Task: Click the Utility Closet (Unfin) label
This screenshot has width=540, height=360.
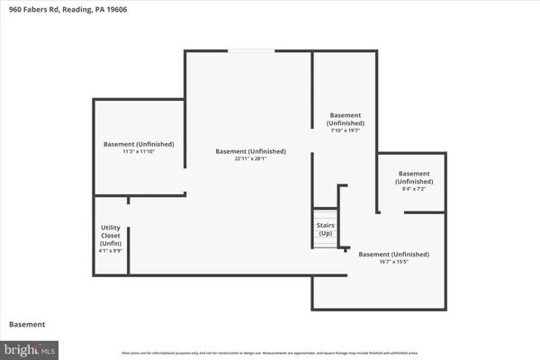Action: [x=110, y=240]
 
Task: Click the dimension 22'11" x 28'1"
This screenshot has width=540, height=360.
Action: [x=250, y=159]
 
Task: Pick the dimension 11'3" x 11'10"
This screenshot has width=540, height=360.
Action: [x=139, y=152]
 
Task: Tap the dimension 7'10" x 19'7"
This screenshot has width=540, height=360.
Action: [x=346, y=131]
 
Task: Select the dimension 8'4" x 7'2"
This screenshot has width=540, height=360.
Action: [x=413, y=190]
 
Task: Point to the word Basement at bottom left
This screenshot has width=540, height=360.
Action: [x=27, y=323]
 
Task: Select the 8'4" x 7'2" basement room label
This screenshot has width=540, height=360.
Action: [x=414, y=177]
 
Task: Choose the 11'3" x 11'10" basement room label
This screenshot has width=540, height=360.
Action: [x=139, y=144]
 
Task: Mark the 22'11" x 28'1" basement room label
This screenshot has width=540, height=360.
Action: [x=250, y=151]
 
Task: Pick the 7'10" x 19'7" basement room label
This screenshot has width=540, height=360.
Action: [x=346, y=120]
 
